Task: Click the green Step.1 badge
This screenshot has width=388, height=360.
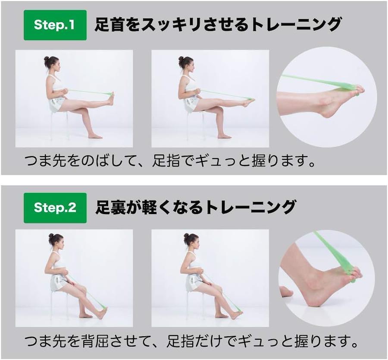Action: click(x=55, y=25)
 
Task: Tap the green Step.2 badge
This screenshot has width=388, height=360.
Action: click(x=55, y=208)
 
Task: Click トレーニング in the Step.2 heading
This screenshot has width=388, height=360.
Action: click(x=250, y=207)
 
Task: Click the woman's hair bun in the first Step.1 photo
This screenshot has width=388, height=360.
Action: click(x=46, y=59)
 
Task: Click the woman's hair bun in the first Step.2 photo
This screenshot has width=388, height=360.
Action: click(x=51, y=236)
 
